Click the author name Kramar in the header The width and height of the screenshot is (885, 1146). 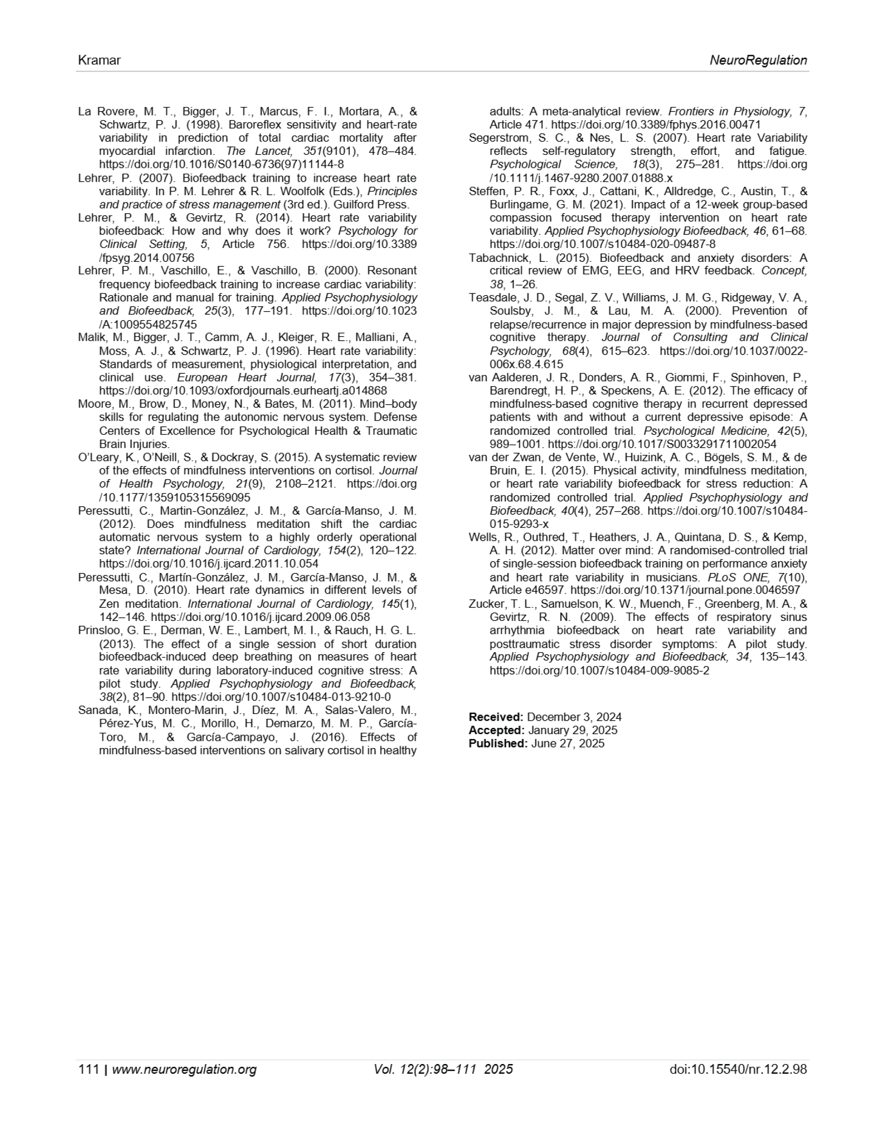coord(99,60)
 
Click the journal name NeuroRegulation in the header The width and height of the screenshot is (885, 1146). coord(758,60)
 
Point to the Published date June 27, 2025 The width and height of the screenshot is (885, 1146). coord(568,744)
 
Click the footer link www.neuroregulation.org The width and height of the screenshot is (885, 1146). coord(184,1069)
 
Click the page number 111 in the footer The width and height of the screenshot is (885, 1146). coord(88,1069)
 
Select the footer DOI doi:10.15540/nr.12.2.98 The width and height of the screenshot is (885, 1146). coord(738,1069)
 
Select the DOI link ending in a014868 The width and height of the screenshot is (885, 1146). coord(243,390)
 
